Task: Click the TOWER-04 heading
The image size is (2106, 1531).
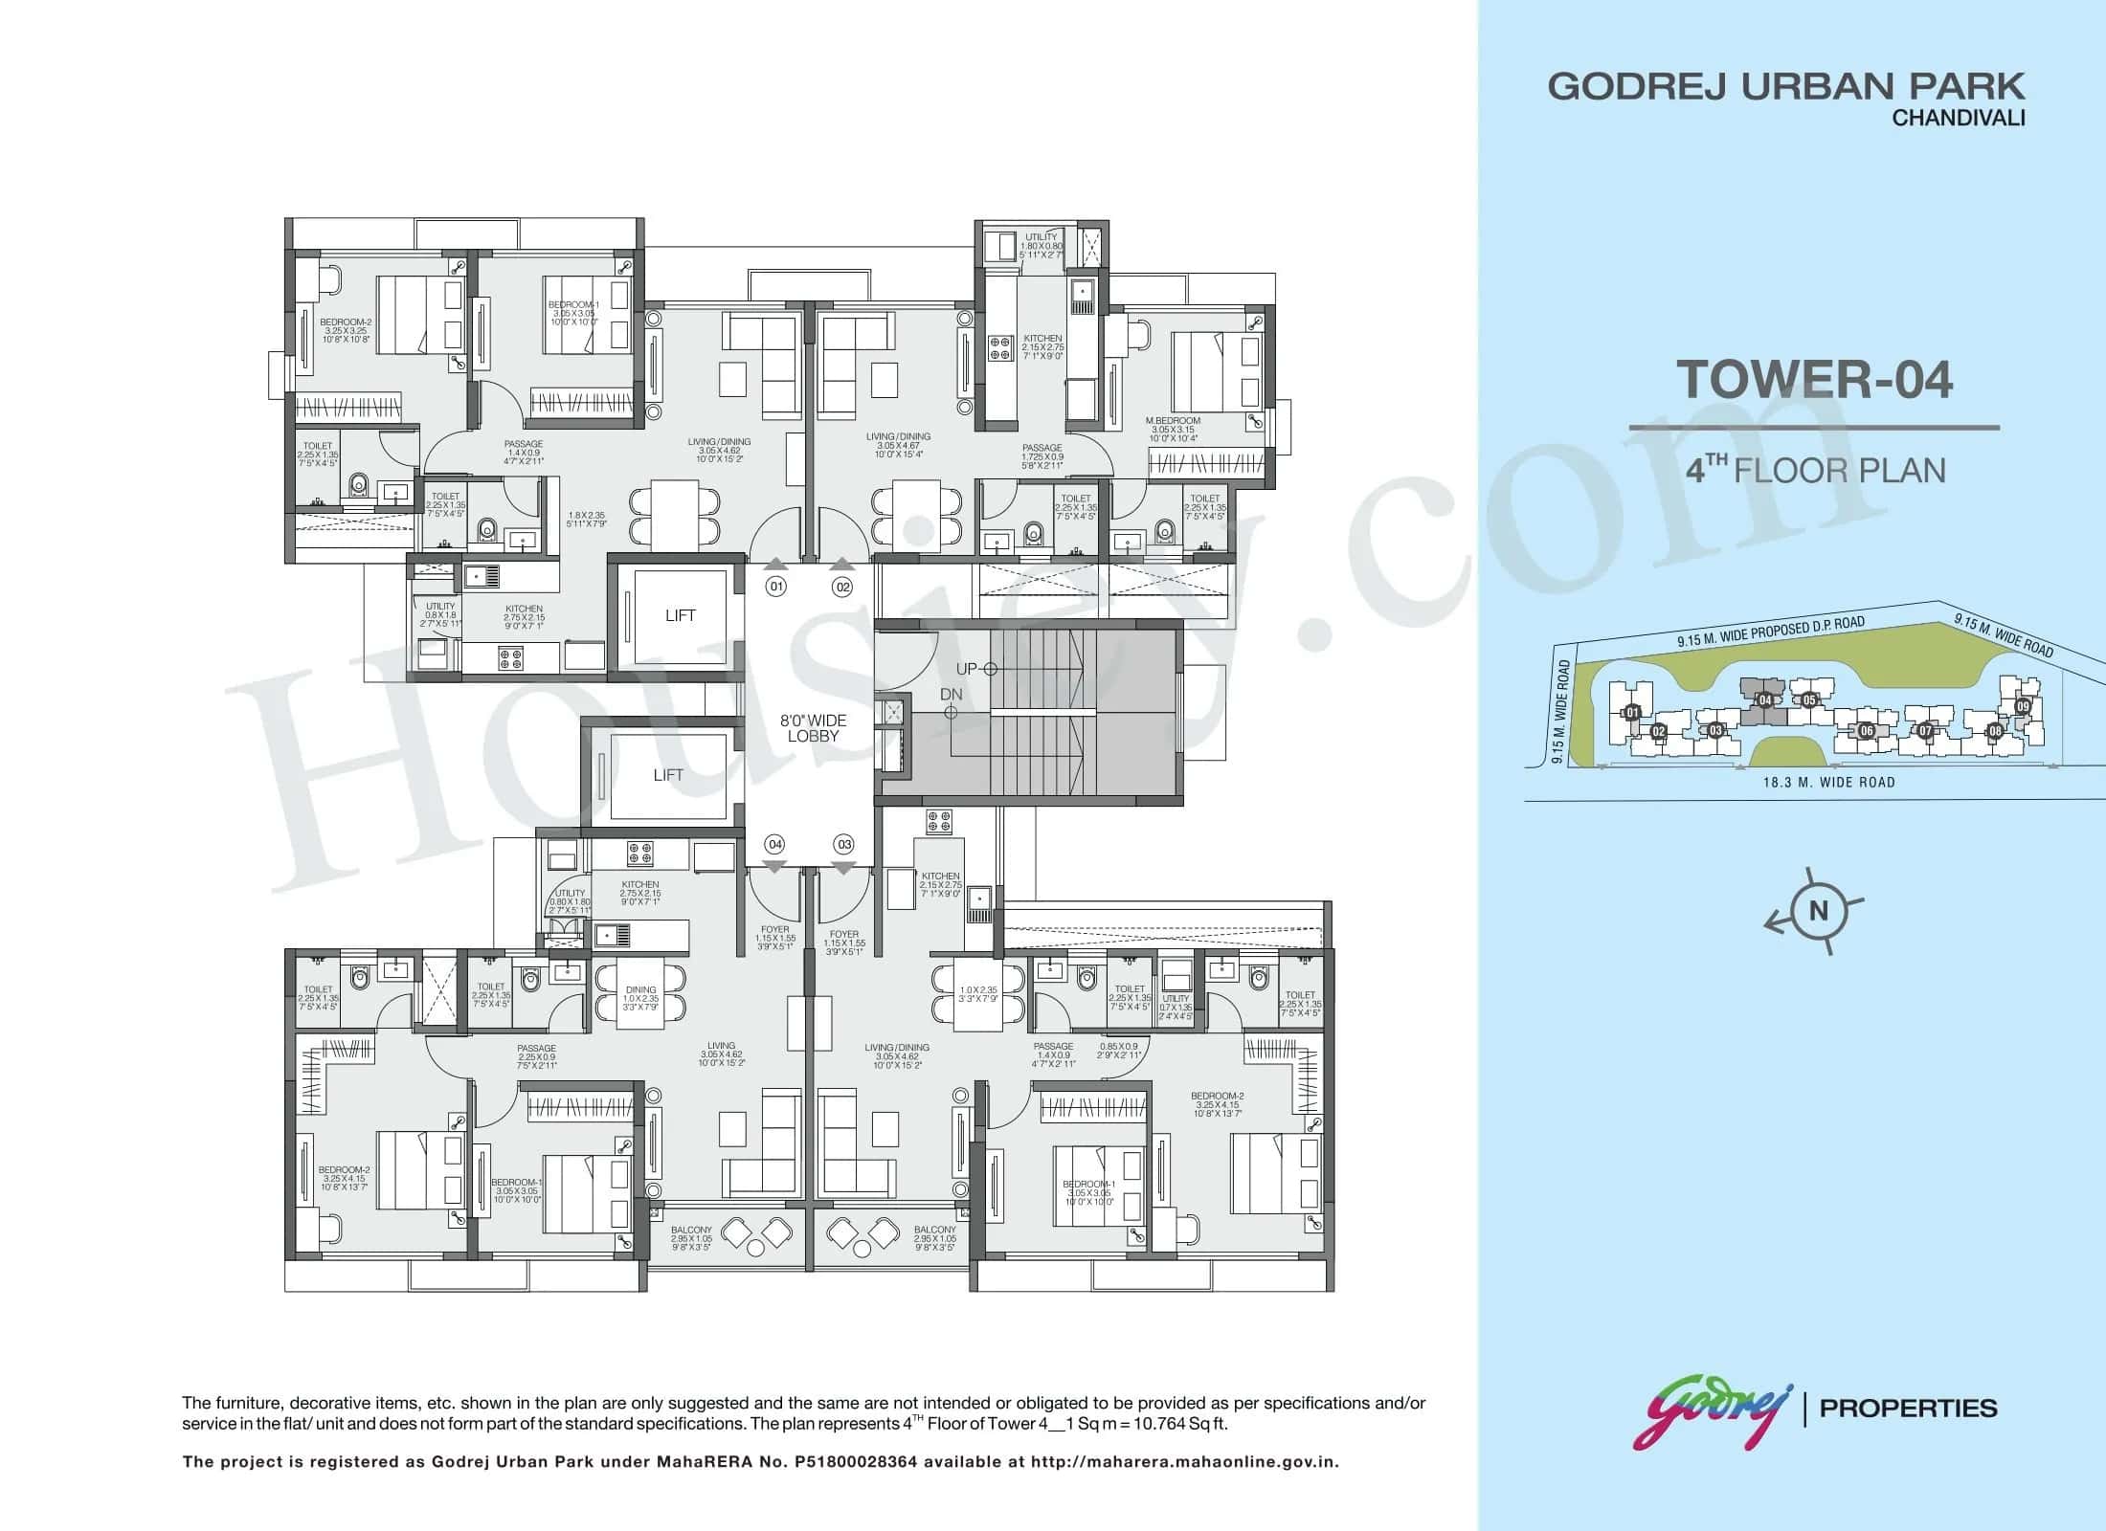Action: point(1814,379)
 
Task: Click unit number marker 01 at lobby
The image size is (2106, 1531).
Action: point(775,587)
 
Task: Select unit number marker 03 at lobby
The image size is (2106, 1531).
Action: point(843,844)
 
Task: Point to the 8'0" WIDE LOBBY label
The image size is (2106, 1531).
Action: point(813,728)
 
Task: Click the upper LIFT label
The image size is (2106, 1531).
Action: point(680,615)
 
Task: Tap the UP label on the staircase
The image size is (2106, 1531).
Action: point(966,669)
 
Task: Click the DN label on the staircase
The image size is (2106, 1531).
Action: point(951,694)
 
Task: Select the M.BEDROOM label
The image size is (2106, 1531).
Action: point(1172,420)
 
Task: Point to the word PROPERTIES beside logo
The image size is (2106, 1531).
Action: point(1908,1409)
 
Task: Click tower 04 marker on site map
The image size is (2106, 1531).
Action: point(1765,700)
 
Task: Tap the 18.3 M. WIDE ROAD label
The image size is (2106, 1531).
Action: point(1828,782)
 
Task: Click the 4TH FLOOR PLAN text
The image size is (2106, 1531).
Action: point(1815,471)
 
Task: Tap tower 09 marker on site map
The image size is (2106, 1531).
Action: point(2022,706)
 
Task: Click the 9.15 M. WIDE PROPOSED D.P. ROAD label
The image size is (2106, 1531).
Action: point(1770,632)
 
